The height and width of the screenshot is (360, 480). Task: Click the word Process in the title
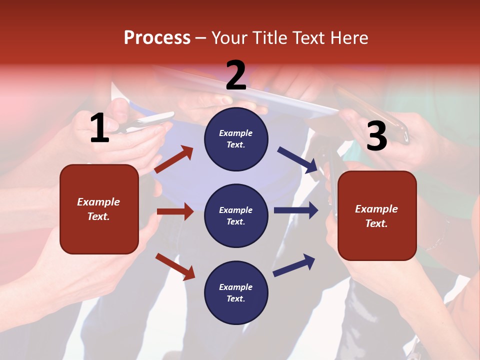click(157, 37)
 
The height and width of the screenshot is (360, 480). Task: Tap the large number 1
click(99, 128)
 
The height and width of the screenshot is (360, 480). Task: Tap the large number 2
click(235, 75)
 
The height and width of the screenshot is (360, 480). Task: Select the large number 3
click(376, 136)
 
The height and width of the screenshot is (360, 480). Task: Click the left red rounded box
click(99, 209)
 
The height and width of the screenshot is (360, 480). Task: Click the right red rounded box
click(377, 216)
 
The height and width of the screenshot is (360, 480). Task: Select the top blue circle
click(236, 139)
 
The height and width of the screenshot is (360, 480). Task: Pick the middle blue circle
click(236, 215)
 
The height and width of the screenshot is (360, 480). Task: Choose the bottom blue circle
click(236, 292)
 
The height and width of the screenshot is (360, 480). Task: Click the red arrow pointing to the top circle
click(173, 159)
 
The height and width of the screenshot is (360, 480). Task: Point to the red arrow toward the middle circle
click(175, 211)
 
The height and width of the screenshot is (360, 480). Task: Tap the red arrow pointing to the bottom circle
click(175, 266)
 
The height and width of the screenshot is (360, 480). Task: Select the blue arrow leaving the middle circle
click(295, 210)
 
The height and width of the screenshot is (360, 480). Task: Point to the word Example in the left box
click(98, 202)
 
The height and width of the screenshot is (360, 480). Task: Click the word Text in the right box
click(376, 223)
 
